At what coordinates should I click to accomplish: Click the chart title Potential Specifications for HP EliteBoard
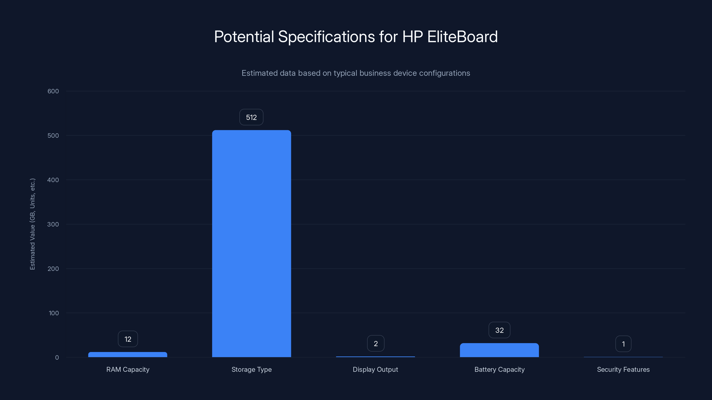pyautogui.click(x=356, y=37)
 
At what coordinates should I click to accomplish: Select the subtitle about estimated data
pyautogui.click(x=356, y=73)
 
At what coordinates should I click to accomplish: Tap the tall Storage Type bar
pyautogui.click(x=251, y=243)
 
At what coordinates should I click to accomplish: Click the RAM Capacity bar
pyautogui.click(x=128, y=354)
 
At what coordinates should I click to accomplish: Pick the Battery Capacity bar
pyautogui.click(x=499, y=350)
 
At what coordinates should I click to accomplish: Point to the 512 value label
pyautogui.click(x=251, y=117)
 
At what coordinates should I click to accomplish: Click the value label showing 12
pyautogui.click(x=128, y=339)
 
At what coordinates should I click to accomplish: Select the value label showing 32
pyautogui.click(x=499, y=330)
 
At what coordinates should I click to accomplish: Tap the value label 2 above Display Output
pyautogui.click(x=376, y=343)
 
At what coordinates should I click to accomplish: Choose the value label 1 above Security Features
pyautogui.click(x=623, y=344)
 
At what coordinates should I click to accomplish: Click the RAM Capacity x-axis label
pyautogui.click(x=128, y=369)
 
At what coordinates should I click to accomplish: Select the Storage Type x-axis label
pyautogui.click(x=251, y=369)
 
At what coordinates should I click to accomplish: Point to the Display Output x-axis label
pyautogui.click(x=375, y=369)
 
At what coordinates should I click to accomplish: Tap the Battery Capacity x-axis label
pyautogui.click(x=499, y=369)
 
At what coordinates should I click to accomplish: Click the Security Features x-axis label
pyautogui.click(x=623, y=369)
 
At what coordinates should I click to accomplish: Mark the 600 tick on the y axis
pyautogui.click(x=53, y=91)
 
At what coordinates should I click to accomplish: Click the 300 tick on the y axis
pyautogui.click(x=53, y=224)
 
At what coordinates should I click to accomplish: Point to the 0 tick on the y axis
pyautogui.click(x=57, y=358)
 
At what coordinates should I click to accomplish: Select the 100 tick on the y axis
pyautogui.click(x=54, y=313)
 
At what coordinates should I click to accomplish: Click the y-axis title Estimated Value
pyautogui.click(x=33, y=224)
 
